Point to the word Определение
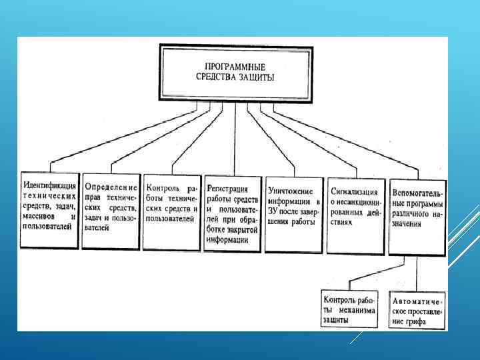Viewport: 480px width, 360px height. click(x=111, y=188)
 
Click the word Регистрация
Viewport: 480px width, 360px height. click(x=227, y=189)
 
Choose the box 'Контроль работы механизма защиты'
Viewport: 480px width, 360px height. click(x=348, y=308)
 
